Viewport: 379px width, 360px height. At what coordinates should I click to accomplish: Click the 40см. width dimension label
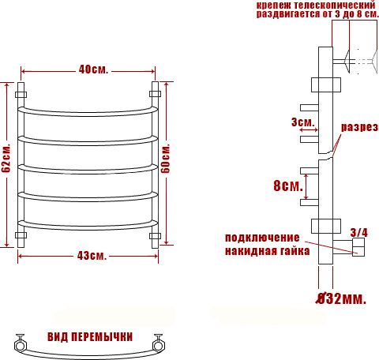tap(93, 69)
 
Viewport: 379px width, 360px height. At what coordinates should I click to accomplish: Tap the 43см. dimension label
tap(92, 256)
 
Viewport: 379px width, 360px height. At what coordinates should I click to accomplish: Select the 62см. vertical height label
tap(6, 158)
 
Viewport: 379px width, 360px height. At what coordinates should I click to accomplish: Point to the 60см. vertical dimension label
tap(165, 158)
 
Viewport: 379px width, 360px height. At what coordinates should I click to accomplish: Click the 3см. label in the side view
tap(303, 122)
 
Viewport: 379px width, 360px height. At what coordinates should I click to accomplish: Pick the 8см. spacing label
tap(288, 186)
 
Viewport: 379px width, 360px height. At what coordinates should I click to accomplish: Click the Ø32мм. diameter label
tap(341, 298)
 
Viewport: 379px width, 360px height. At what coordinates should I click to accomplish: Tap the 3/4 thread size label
tap(358, 233)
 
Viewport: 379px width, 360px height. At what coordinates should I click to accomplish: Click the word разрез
tap(359, 127)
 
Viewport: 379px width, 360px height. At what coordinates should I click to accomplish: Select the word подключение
tap(262, 238)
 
